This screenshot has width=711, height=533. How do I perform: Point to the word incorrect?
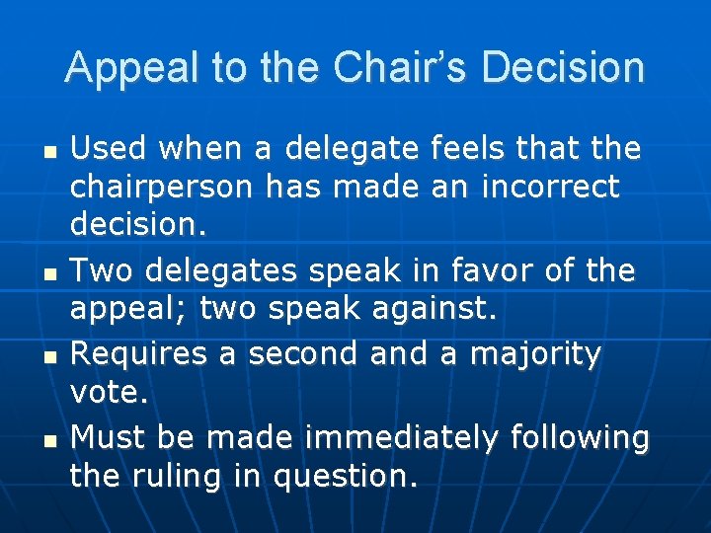551,186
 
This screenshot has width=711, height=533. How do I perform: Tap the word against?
445,310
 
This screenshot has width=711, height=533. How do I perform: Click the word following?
581,435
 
